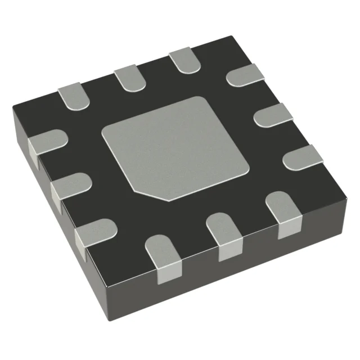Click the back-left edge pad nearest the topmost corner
pyautogui.click(x=186, y=61)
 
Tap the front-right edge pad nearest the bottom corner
pyautogui.click(x=164, y=256)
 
